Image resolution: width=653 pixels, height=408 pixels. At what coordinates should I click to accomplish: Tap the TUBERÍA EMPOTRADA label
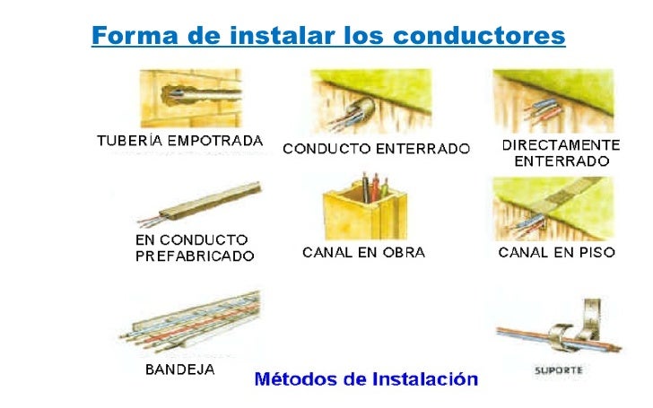179,141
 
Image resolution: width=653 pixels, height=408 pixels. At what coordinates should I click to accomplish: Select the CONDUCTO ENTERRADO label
376,149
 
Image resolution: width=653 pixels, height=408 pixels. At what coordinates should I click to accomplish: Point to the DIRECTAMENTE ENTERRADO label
560,153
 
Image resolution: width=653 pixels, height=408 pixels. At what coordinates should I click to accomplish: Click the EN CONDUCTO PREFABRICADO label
194,247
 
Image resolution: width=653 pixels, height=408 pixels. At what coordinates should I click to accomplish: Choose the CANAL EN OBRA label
363,253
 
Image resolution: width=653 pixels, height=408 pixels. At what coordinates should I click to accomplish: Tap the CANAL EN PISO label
556,253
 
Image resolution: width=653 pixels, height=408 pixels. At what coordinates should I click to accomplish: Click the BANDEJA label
179,369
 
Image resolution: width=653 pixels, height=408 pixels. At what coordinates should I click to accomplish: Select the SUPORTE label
557,369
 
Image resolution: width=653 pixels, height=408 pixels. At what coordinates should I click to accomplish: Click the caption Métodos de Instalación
367,378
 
